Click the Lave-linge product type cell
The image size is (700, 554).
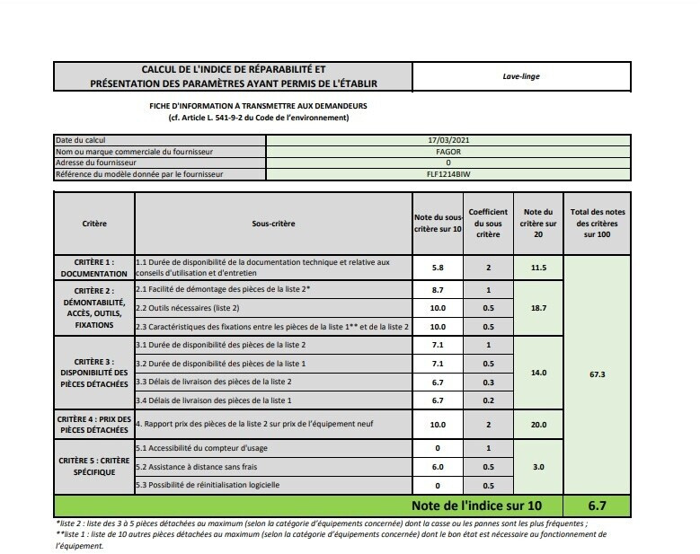click(520, 76)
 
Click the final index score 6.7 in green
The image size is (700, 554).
click(597, 506)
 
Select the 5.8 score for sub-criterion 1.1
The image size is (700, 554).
click(438, 268)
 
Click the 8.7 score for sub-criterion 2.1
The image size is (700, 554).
click(438, 291)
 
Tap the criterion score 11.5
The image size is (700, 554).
click(539, 268)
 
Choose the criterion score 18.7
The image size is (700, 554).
click(539, 308)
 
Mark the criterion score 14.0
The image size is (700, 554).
click(539, 372)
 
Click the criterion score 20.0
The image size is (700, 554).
click(539, 425)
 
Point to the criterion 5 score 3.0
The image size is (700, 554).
click(539, 467)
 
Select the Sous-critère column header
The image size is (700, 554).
click(273, 224)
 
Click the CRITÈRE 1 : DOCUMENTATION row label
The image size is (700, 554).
click(94, 268)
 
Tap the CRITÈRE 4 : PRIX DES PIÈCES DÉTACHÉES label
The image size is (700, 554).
click(94, 425)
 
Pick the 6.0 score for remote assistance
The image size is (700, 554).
click(438, 467)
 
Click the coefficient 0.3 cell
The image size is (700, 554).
click(488, 382)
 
